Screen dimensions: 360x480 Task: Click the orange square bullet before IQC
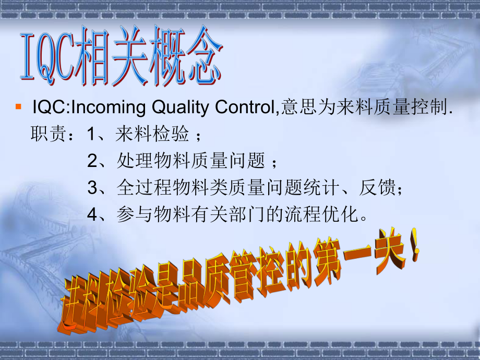point(18,107)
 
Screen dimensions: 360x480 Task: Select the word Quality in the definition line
point(179,108)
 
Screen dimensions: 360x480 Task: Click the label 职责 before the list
point(46,135)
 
